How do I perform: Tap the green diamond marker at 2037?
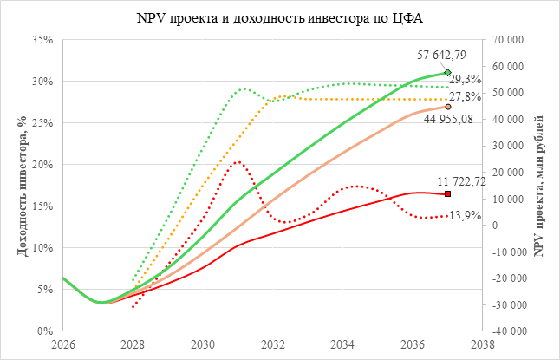(x=447, y=72)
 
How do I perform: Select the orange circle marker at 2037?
(x=447, y=107)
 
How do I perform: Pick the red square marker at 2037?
(x=447, y=193)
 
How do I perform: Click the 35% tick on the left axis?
(x=42, y=40)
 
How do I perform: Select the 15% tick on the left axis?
(x=42, y=206)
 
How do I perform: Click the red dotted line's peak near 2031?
(x=238, y=162)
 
